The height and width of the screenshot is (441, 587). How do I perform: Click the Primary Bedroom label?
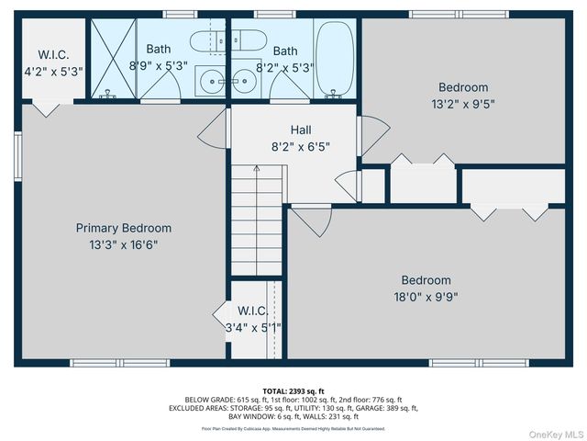click(123, 228)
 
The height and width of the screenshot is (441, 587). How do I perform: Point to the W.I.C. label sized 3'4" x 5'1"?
click(252, 311)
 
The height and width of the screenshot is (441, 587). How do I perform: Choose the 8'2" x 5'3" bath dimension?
click(285, 66)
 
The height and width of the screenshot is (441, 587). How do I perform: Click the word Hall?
click(301, 130)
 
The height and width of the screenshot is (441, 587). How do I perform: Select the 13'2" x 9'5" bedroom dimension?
click(463, 104)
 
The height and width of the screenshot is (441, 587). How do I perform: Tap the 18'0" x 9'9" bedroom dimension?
click(426, 296)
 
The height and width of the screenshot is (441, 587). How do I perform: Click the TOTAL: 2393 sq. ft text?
click(293, 390)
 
